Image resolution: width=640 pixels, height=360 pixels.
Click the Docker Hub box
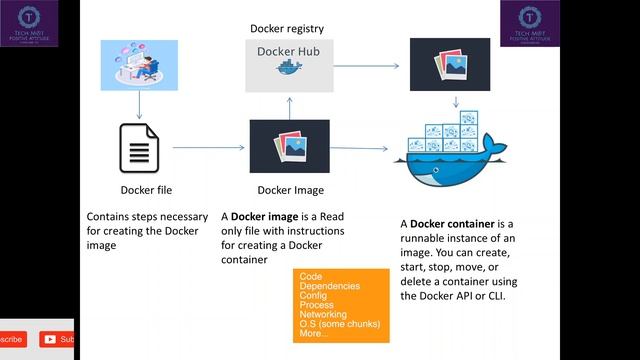tap(288, 61)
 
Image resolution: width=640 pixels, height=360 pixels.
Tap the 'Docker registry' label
tap(287, 28)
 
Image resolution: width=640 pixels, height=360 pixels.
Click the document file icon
tap(138, 147)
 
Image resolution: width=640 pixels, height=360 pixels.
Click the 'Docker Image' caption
tap(290, 190)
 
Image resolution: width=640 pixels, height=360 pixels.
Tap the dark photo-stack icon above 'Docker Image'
tap(289, 147)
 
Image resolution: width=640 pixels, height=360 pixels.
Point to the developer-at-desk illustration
tap(139, 65)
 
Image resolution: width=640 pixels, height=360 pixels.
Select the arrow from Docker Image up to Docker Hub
tap(289, 105)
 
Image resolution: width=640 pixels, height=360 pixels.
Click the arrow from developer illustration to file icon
tap(139, 104)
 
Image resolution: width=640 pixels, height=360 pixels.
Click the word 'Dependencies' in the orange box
tap(330, 286)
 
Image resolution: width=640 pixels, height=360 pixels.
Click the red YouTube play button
tap(48, 340)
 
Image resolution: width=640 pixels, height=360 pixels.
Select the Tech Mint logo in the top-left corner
tap(30, 24)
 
